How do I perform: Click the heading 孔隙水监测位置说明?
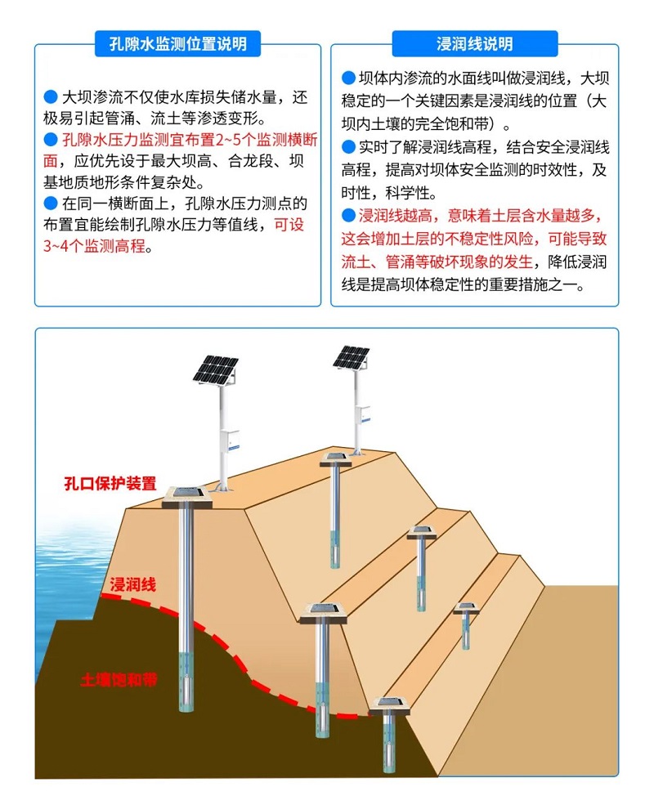[177, 43]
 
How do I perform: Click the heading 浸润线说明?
[474, 43]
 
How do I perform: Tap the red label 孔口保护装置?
[110, 483]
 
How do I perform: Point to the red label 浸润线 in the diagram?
[132, 584]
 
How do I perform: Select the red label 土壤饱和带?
[119, 680]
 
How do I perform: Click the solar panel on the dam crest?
[352, 358]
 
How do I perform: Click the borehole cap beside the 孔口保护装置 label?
[187, 496]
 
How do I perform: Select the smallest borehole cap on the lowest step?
[466, 609]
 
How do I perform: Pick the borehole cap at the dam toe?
[391, 706]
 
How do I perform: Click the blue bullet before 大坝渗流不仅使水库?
[51, 97]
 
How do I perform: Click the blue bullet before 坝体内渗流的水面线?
[348, 78]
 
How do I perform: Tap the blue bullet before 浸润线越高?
[348, 215]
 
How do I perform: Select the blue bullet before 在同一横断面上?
[51, 203]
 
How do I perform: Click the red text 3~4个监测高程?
[95, 246]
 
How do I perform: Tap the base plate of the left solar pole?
[222, 490]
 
